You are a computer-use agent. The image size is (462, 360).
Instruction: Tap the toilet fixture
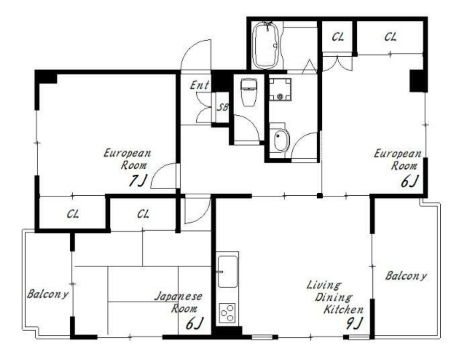[x=249, y=92]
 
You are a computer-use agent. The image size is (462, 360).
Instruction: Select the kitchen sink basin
[x=227, y=272]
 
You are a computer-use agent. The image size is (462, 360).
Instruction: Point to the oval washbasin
[x=281, y=140]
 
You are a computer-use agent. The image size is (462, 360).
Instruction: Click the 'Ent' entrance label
[x=200, y=85]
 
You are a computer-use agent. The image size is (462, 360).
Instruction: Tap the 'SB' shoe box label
[x=222, y=107]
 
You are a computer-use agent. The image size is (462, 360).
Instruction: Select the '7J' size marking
[x=137, y=180]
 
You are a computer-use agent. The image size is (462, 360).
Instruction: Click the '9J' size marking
[x=354, y=324]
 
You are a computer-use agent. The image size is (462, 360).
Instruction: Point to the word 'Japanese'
[x=178, y=296]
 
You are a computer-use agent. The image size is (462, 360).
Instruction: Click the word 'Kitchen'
[x=343, y=309]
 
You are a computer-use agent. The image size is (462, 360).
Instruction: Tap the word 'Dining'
[x=333, y=297]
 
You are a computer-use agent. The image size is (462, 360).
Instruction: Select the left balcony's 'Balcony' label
[x=48, y=294]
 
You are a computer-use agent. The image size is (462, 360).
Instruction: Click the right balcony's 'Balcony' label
[x=406, y=276]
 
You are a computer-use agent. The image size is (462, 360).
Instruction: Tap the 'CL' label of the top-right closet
[x=390, y=37]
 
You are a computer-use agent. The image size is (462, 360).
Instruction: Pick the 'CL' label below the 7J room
[x=73, y=214]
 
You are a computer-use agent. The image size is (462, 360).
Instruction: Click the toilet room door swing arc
[x=252, y=123]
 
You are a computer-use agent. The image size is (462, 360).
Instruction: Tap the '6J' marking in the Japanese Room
[x=195, y=324]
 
